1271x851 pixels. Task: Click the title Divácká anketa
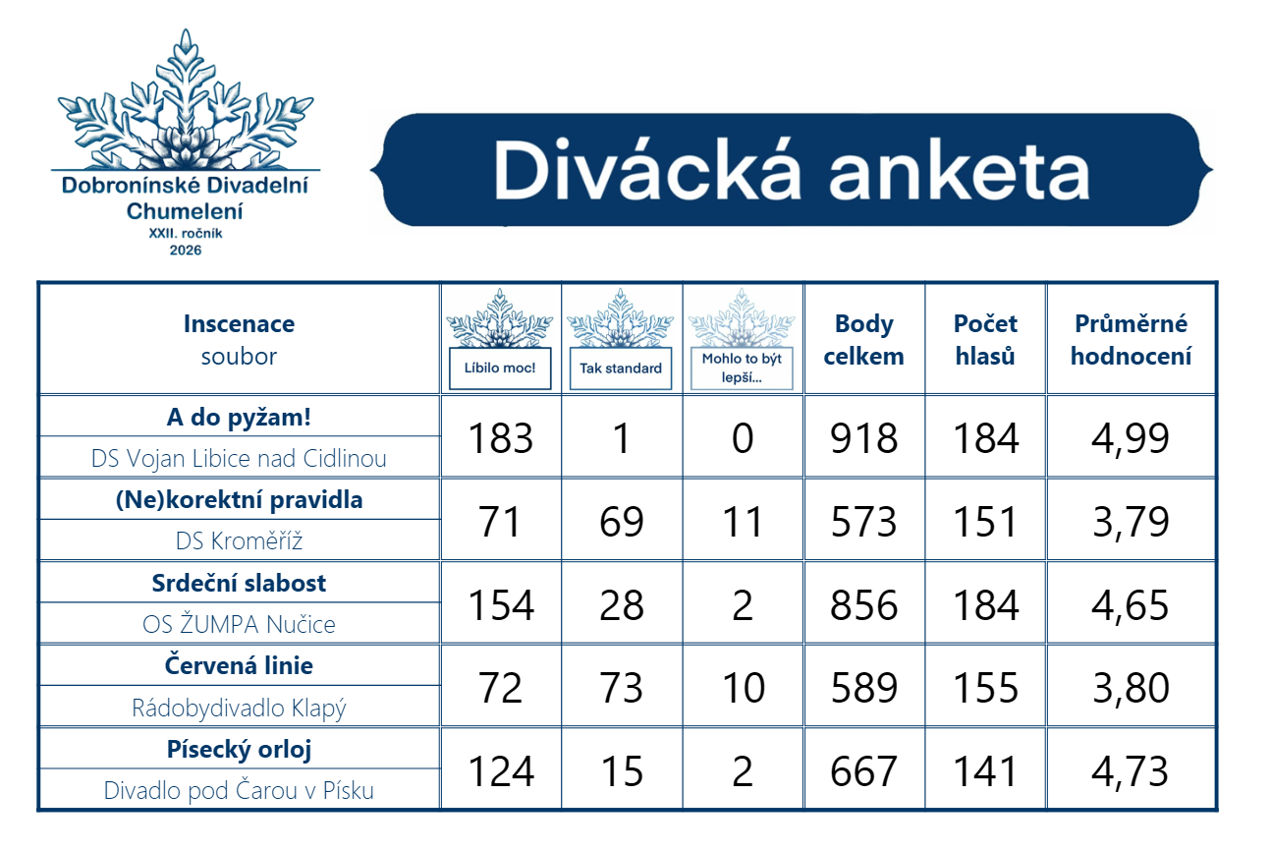[x=792, y=170]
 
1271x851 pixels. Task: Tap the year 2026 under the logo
[x=186, y=251]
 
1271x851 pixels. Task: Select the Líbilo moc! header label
[x=500, y=368]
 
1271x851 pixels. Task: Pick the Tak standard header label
[x=621, y=369]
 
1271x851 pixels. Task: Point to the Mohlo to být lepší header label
[x=742, y=368]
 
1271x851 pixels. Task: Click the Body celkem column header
[x=863, y=340]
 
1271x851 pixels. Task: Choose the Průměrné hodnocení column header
[x=1131, y=340]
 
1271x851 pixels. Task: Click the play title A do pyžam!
[x=239, y=418]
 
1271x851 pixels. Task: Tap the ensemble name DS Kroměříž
[x=239, y=540]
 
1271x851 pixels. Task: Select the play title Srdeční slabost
[x=239, y=583]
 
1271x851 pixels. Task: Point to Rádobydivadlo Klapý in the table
[x=239, y=708]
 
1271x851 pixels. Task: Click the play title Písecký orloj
[x=239, y=750]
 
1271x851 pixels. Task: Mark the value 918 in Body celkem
[x=863, y=438]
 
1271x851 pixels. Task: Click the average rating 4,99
[x=1131, y=438]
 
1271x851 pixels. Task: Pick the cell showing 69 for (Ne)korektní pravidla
[x=622, y=522]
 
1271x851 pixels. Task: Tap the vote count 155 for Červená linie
[x=985, y=688]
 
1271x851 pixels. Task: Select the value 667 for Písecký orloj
[x=863, y=771]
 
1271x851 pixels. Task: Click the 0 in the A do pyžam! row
[x=743, y=438]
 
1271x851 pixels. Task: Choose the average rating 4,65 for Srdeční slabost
[x=1131, y=605]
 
